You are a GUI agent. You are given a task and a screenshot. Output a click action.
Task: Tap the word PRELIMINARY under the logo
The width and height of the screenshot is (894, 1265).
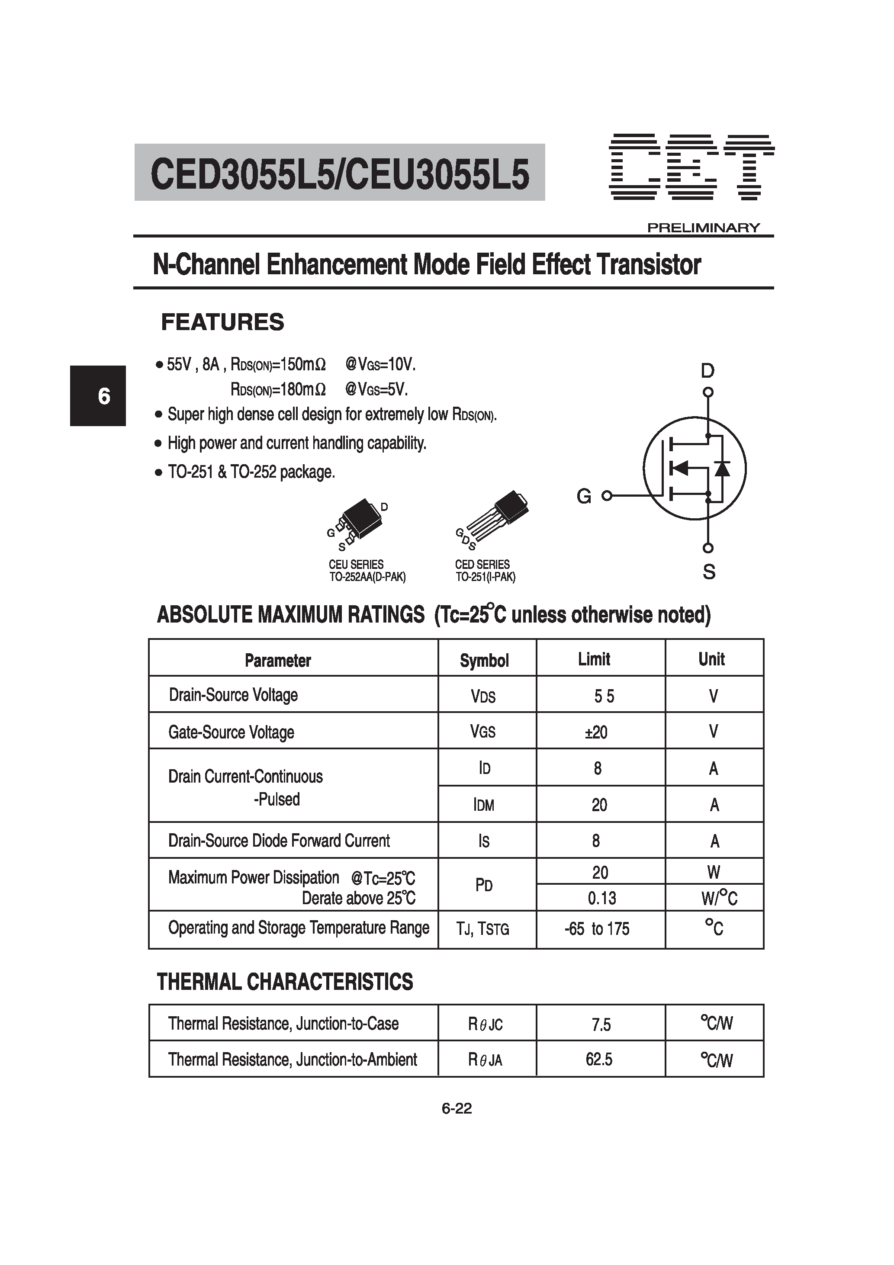pos(703,228)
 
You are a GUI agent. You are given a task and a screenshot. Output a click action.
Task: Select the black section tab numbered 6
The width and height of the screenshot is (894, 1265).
pos(98,395)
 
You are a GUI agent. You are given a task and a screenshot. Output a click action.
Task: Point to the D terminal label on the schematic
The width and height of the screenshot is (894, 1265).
pos(707,371)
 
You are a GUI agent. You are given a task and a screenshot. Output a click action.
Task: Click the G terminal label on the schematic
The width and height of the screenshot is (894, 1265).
pos(584,496)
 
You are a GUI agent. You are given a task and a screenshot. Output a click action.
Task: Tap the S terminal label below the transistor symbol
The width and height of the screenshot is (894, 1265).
pos(709,572)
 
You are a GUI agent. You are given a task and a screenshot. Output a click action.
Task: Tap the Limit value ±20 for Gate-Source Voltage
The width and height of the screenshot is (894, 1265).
pos(596,732)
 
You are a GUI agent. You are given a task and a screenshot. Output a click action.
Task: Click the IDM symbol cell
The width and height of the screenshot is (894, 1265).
pos(484,805)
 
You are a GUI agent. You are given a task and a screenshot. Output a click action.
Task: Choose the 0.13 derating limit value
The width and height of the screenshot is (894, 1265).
pos(601,899)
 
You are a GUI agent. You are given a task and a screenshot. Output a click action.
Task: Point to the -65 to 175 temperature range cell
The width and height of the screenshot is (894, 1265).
pos(597,929)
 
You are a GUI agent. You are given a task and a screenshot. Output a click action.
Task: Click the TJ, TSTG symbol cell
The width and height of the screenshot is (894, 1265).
pos(482,929)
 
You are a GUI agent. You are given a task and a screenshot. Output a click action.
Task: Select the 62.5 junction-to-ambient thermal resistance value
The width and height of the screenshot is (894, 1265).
pos(599,1059)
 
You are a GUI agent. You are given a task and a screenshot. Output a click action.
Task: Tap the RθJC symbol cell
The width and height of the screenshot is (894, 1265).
pos(485,1024)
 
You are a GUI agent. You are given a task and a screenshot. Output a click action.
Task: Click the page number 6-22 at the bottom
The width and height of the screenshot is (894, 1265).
pos(457,1108)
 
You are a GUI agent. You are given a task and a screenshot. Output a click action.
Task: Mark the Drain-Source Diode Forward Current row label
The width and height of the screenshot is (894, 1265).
pos(279,841)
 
